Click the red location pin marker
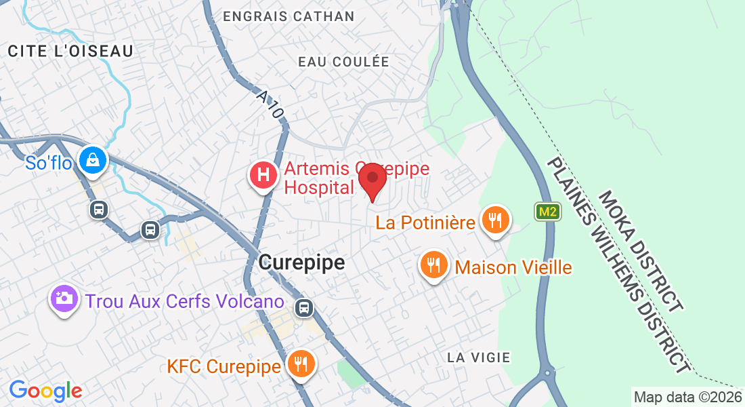coord(372,180)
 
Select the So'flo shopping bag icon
coord(90,161)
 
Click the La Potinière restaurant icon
coord(496,220)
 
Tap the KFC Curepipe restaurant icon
coord(299,364)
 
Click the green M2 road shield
coord(547,212)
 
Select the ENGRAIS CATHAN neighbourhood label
coord(289,16)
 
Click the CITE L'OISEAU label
coord(70,51)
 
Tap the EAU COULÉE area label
coord(344,62)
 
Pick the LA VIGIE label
coord(479,357)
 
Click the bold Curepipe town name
coord(302,262)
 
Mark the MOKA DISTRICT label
coord(639,250)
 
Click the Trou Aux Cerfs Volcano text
coord(184,301)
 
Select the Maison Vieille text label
coord(513,267)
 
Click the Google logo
coord(45,391)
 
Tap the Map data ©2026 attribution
coord(687,397)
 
